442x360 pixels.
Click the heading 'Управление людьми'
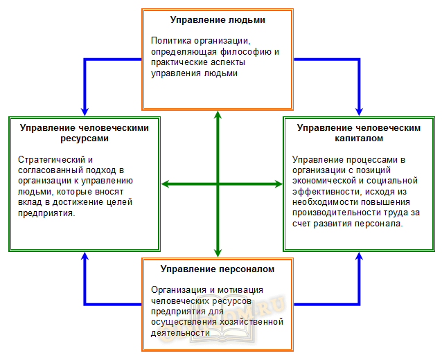coord(218,20)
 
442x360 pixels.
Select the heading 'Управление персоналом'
coord(218,269)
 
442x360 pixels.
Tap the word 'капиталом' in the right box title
coord(359,138)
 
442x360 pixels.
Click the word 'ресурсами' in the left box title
coord(85,138)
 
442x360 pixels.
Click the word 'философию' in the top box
coord(245,52)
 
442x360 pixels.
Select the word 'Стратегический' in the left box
coord(51,160)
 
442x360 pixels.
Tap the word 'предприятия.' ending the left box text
coord(46,213)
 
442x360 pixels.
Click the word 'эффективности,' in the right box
coord(327,192)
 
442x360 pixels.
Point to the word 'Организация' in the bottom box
coord(179,290)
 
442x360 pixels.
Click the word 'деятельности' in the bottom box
coord(180,333)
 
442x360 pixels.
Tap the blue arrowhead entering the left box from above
coord(85,111)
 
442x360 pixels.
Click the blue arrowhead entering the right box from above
coord(359,111)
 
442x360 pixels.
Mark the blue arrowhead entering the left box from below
coord(85,256)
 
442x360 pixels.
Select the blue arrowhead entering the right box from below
coord(359,256)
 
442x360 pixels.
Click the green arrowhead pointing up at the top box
coord(218,115)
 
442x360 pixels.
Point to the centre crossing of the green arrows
coord(218,184)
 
